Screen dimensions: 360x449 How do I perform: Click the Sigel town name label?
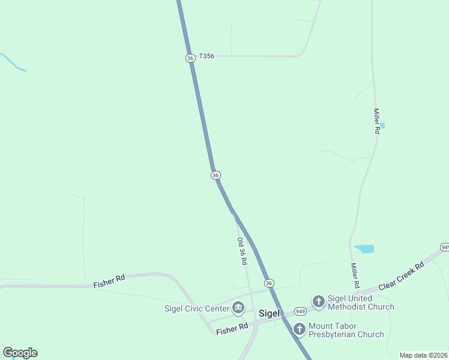(x=270, y=313)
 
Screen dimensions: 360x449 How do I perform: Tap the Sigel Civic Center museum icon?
(x=238, y=308)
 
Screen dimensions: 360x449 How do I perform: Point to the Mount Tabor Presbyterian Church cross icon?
(x=299, y=329)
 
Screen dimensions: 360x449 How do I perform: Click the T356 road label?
(x=206, y=56)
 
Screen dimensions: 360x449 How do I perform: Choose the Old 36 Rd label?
(x=242, y=251)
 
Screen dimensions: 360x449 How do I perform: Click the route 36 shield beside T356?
(x=190, y=58)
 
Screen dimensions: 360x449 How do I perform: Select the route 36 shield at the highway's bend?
(x=215, y=175)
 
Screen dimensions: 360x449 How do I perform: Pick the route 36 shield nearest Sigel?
(x=269, y=283)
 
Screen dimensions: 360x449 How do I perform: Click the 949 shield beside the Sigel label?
(x=301, y=311)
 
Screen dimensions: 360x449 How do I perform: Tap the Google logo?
(x=20, y=353)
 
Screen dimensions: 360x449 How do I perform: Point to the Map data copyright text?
(x=423, y=355)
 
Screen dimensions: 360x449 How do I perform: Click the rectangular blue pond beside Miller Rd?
(x=364, y=248)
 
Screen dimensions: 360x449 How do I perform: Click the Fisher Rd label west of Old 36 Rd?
(x=109, y=281)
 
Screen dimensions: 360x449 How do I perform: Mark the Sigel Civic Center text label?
(x=197, y=309)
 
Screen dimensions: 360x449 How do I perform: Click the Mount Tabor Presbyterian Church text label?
(x=346, y=330)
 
